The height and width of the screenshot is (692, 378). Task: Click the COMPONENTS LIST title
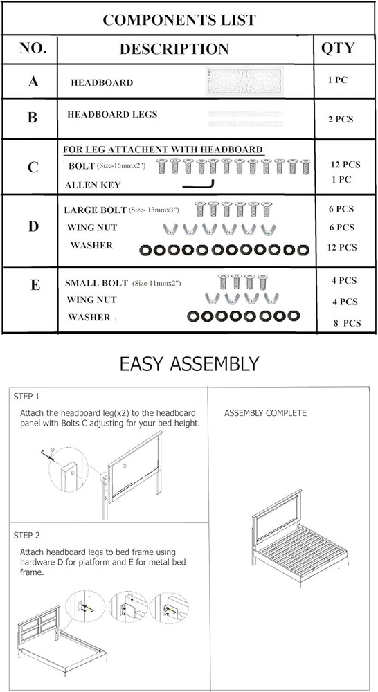coord(179,19)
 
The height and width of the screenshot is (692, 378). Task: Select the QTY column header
coord(338,48)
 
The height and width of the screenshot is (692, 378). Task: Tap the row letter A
coord(33,82)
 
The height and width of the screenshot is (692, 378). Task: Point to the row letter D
coord(33,227)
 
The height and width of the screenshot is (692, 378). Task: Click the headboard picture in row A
coord(244,82)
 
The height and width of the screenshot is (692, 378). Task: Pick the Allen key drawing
coord(199,185)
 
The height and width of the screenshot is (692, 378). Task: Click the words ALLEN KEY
coord(93,185)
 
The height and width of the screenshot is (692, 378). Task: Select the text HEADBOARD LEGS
coord(112,114)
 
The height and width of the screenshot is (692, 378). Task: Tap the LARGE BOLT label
coord(95,210)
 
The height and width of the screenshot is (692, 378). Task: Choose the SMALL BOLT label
coord(96,283)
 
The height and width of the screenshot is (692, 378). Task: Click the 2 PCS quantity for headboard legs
coord(341,119)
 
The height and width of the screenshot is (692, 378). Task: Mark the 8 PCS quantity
coord(347,323)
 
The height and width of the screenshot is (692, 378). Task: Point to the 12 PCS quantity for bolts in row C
coord(345,165)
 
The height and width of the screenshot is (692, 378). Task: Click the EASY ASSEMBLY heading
coord(189,364)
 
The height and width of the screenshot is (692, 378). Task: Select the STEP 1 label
coord(26,397)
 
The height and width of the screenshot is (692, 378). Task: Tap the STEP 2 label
coord(26,536)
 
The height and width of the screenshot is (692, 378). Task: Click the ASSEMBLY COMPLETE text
coord(265,413)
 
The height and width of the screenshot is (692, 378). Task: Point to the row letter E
coord(35,285)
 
